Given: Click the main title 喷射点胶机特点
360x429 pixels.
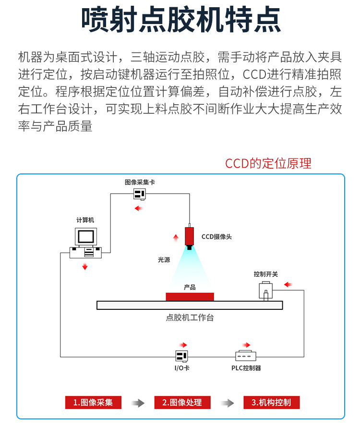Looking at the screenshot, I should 180,21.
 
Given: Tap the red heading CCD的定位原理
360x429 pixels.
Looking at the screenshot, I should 268,163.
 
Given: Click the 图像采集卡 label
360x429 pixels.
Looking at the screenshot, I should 140,183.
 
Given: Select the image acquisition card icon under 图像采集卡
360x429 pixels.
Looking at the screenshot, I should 140,194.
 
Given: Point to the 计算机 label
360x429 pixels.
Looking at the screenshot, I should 85,220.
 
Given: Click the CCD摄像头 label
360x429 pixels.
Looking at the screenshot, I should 216,236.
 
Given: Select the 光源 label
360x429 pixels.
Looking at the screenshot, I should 164,259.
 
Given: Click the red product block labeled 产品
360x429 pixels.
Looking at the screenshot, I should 190,296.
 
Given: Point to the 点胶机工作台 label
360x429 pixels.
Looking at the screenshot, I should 190,318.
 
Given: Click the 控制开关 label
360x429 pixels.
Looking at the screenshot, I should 265,274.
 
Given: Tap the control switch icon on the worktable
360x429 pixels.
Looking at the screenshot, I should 265,291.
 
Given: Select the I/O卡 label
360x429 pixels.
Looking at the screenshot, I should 181,368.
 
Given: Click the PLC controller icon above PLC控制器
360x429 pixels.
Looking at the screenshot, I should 245,356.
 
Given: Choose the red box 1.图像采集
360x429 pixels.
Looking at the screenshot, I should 93,403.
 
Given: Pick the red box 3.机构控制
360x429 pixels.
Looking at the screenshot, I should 271,403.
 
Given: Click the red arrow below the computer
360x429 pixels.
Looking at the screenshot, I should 85,267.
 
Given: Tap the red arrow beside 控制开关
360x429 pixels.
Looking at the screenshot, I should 288,285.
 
